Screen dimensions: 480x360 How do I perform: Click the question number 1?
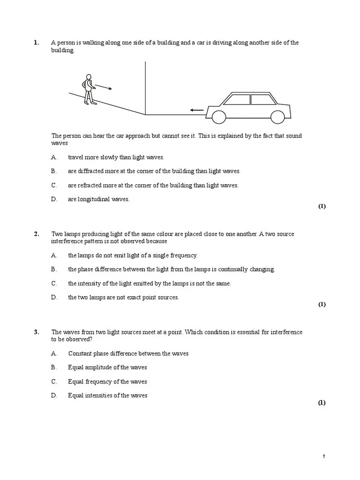click(x=36, y=43)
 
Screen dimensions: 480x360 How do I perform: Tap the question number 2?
click(x=36, y=234)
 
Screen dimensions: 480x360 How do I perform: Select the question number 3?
click(x=36, y=332)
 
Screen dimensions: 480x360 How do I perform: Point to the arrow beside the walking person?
click(x=103, y=87)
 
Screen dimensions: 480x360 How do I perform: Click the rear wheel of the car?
click(x=277, y=116)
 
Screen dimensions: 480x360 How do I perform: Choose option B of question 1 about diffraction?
click(x=154, y=171)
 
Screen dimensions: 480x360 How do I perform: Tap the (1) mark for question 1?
click(x=322, y=206)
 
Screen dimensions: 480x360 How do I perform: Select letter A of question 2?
click(x=54, y=255)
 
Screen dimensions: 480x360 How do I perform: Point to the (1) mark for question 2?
click(x=322, y=305)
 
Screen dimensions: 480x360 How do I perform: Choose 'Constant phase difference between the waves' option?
click(x=128, y=353)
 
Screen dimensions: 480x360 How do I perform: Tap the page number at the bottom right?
click(x=323, y=457)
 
